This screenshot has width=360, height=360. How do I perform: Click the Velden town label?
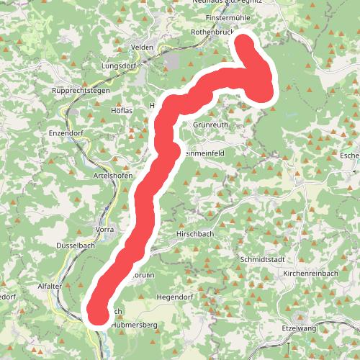click(x=143, y=47)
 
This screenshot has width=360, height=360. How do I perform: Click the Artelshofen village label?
click(x=114, y=176)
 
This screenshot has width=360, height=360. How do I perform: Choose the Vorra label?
click(x=104, y=229)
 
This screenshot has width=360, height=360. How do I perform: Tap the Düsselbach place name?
click(x=76, y=246)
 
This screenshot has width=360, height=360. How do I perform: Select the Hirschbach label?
click(x=197, y=235)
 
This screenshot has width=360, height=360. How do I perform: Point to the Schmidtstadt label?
click(x=266, y=258)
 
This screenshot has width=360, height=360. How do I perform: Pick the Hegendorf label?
click(x=176, y=297)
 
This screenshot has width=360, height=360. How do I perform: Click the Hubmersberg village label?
click(x=134, y=325)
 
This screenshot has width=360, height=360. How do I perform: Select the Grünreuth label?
click(x=211, y=125)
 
